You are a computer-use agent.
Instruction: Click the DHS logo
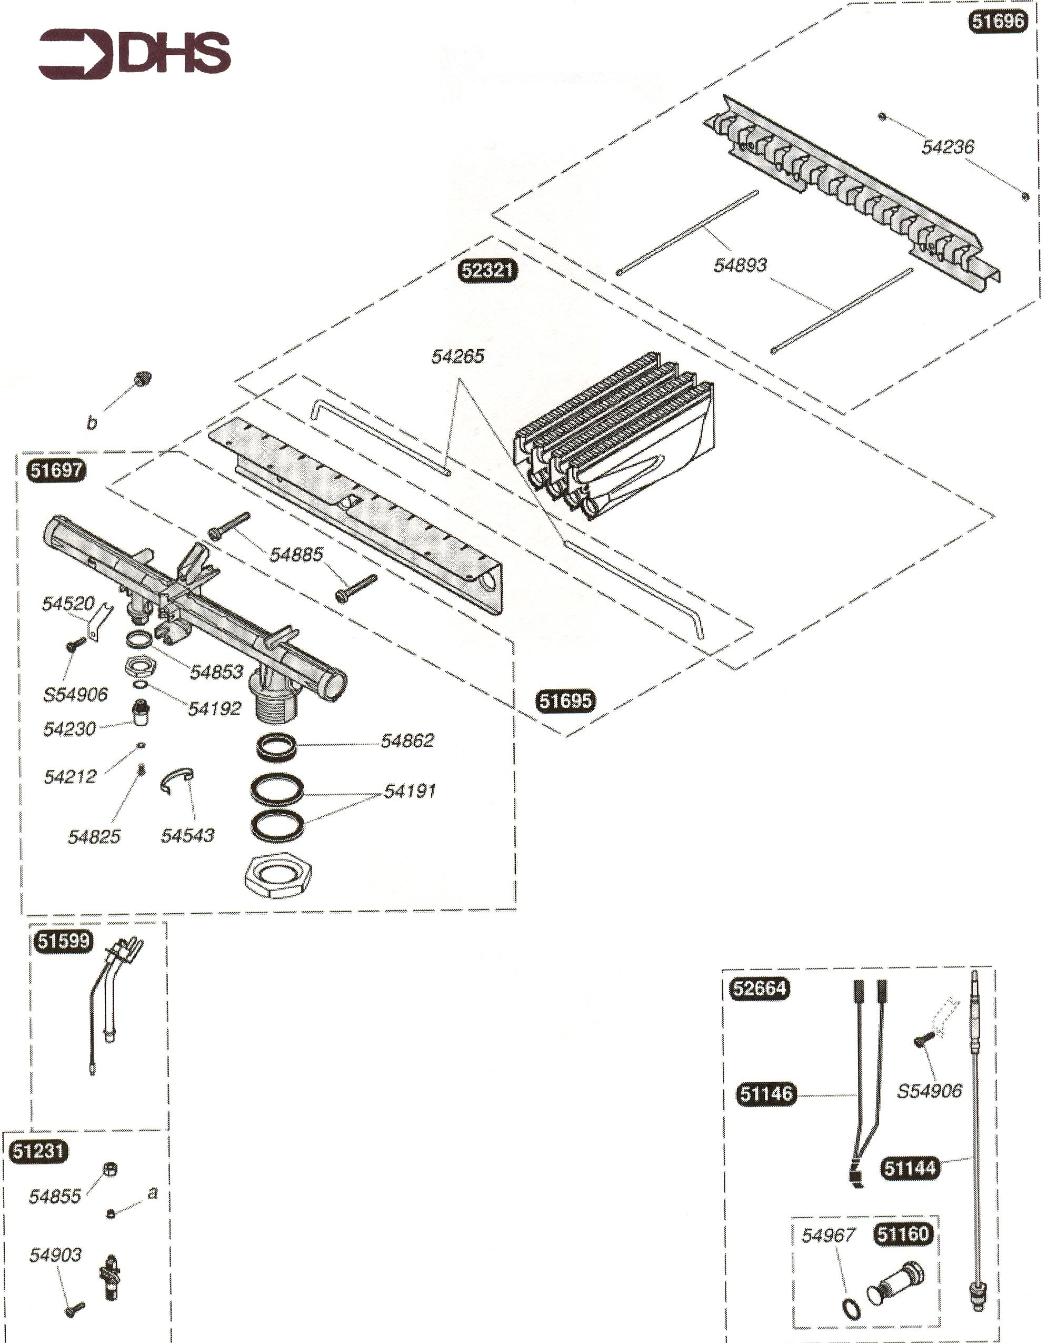pyautogui.click(x=134, y=54)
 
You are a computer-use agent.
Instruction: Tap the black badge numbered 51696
pyautogui.click(x=997, y=22)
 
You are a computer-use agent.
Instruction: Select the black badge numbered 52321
pyautogui.click(x=487, y=271)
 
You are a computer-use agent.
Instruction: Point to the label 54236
pyautogui.click(x=948, y=147)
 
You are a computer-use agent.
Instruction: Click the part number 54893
pyautogui.click(x=740, y=265)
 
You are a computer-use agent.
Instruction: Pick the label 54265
pyautogui.click(x=457, y=356)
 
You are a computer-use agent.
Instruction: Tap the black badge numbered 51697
pyautogui.click(x=56, y=470)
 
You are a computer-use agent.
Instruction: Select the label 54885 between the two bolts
pyautogui.click(x=296, y=554)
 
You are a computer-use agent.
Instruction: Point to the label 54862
pyautogui.click(x=407, y=740)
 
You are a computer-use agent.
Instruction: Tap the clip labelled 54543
pyautogui.click(x=177, y=781)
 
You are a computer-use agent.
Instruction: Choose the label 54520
pyautogui.click(x=68, y=603)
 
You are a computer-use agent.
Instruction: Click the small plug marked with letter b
pyautogui.click(x=142, y=378)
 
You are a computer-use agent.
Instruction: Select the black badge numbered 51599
pyautogui.click(x=63, y=941)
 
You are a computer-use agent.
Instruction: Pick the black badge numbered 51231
pyautogui.click(x=38, y=1150)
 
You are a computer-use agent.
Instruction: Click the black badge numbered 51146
pyautogui.click(x=766, y=1093)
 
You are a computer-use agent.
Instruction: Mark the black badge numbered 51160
pyautogui.click(x=903, y=1234)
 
